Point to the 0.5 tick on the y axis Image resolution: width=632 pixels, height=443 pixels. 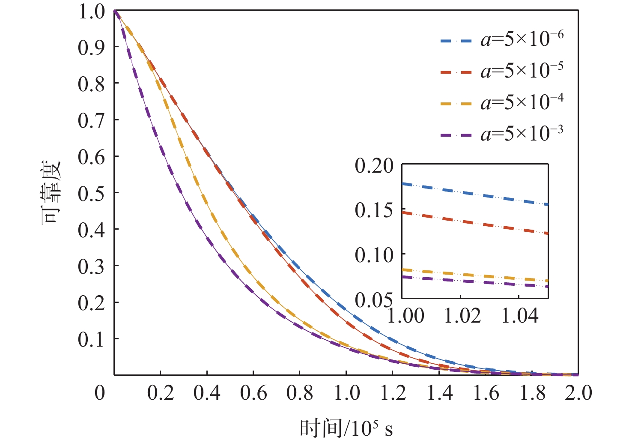pos(91,194)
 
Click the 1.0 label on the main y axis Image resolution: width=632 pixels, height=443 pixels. pos(91,11)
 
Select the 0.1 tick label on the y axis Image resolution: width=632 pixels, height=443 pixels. pos(91,339)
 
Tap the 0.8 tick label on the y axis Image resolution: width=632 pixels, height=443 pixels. pos(91,84)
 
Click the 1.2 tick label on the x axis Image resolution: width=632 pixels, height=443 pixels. pos(393,392)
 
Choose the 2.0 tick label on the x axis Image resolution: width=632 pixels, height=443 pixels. pos(578,392)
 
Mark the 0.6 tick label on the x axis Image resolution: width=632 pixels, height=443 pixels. pos(253,392)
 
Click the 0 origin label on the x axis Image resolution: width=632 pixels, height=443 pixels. pos(100,392)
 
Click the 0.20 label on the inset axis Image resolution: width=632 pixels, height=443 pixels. pos(374,166)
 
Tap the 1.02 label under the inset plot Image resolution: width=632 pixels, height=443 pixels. pos(462,316)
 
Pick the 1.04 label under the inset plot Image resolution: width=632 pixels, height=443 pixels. pos(520,316)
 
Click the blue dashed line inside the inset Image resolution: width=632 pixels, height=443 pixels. pos(475,194)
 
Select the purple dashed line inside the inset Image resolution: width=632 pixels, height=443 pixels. pos(475,281)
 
